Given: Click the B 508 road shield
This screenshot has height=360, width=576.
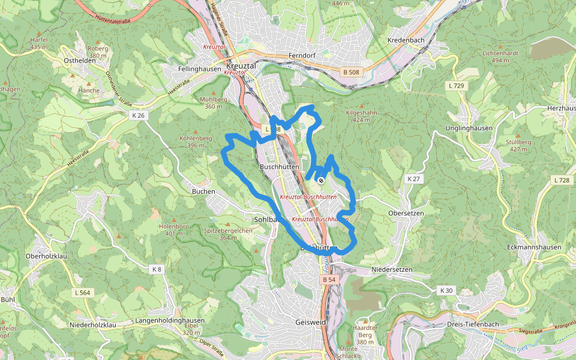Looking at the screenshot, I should [x=352, y=73].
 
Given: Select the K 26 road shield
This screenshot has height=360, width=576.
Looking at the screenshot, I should [x=137, y=115].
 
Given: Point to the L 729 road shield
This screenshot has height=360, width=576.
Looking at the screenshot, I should [x=456, y=86].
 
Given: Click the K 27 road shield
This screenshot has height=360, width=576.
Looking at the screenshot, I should [x=413, y=179].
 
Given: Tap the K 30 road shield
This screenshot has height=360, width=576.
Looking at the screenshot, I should [x=446, y=290].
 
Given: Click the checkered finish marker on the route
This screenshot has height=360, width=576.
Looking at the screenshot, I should [x=322, y=180].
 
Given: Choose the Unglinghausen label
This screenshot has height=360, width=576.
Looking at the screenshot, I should [x=469, y=128].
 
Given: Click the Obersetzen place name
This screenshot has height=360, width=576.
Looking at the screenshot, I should [x=406, y=213].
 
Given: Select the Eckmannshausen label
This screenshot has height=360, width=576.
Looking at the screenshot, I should [x=534, y=247].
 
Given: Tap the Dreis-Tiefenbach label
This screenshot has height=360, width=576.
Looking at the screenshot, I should [x=473, y=324].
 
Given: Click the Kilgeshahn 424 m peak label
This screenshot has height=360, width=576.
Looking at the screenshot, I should [x=362, y=116].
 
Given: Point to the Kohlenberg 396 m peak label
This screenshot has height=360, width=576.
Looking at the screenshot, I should [x=196, y=142].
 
